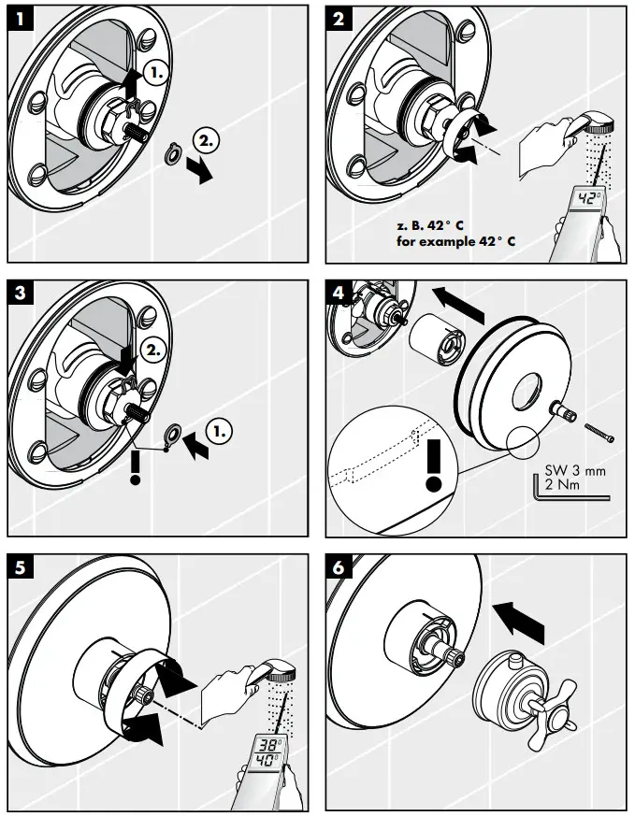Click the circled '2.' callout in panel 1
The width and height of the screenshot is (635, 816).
tap(207, 142)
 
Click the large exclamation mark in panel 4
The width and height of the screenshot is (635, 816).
tap(433, 465)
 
